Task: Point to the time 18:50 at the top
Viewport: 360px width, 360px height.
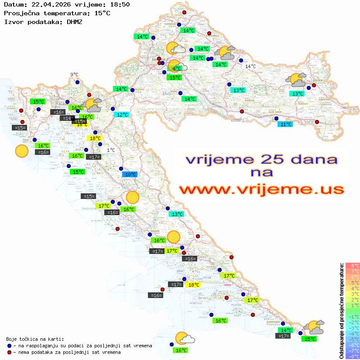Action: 120,5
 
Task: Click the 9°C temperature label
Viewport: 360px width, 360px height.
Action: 74,75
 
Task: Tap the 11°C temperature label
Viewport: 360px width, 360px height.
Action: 285,124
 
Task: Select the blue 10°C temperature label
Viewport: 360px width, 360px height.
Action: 130,175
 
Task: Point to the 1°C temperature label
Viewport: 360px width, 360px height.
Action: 111,150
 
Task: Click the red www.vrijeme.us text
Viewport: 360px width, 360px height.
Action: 261,189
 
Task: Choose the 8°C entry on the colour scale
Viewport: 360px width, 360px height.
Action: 353,265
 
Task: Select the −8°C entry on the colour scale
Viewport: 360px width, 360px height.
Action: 352,356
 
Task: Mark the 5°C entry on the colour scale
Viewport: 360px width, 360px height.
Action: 353,282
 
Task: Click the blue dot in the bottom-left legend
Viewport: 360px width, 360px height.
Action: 10,346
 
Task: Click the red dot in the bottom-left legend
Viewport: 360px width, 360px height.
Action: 10,352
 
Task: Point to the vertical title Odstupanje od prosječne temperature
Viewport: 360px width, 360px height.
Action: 341,311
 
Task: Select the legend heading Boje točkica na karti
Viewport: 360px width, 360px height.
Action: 35,339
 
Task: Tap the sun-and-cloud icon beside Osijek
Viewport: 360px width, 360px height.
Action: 296,80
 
